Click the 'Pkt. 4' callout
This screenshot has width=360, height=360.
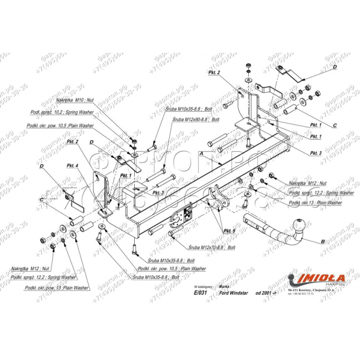tap(71, 166)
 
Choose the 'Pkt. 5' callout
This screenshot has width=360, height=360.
tap(229, 231)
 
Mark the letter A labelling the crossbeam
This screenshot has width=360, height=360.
tap(201, 153)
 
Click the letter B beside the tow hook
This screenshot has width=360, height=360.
tap(323, 241)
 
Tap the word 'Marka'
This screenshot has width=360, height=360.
tap(223, 286)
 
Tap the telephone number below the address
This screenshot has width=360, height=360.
tap(301, 294)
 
